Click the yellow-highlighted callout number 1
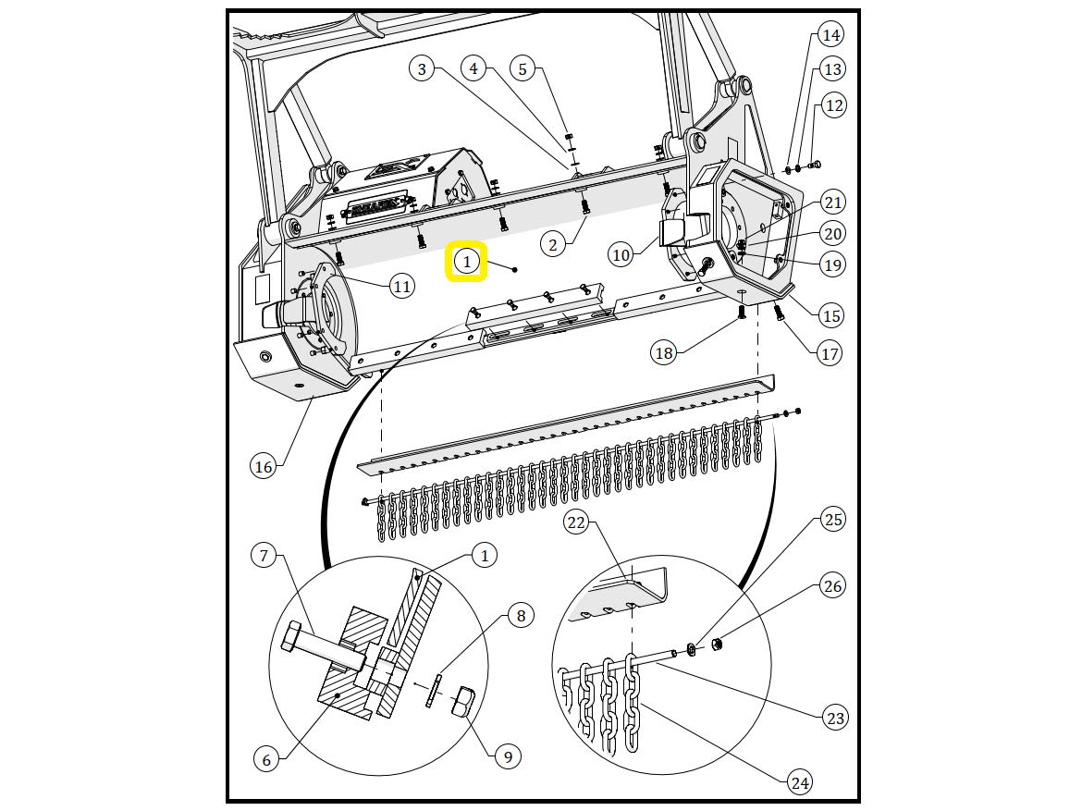[x=467, y=263]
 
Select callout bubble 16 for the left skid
[x=264, y=467]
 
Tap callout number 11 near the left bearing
[x=401, y=287]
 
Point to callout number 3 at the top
[x=422, y=68]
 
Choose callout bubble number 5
[x=523, y=68]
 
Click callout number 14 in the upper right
[x=831, y=36]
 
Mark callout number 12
[x=834, y=105]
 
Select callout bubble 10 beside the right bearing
[x=621, y=254]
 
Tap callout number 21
[x=833, y=203]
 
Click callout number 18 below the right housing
[x=663, y=352]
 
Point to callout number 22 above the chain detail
[x=576, y=522]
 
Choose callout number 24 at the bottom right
[x=799, y=782]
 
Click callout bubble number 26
[x=833, y=586]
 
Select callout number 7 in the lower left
[x=264, y=556]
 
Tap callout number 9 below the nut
[x=508, y=756]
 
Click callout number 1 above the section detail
[x=484, y=555]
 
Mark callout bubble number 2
[x=553, y=244]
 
